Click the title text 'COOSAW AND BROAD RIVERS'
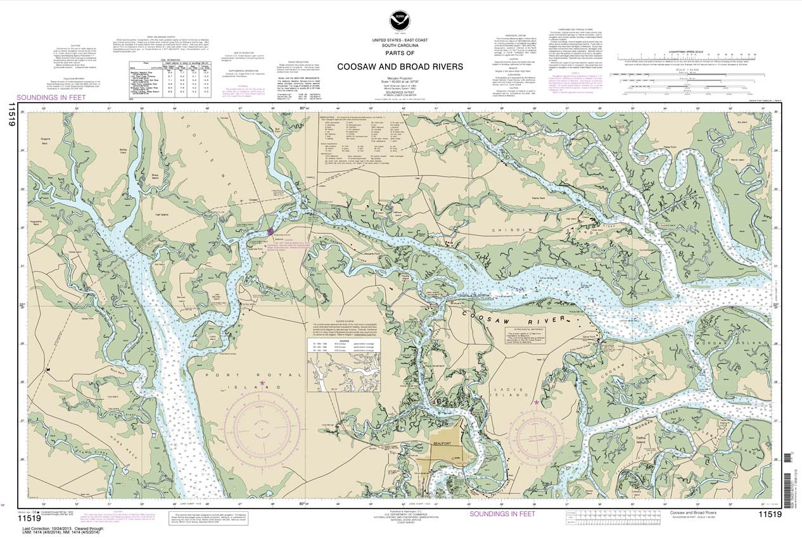point(400,67)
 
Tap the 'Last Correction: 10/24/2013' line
point(57,528)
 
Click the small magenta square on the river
point(271,231)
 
